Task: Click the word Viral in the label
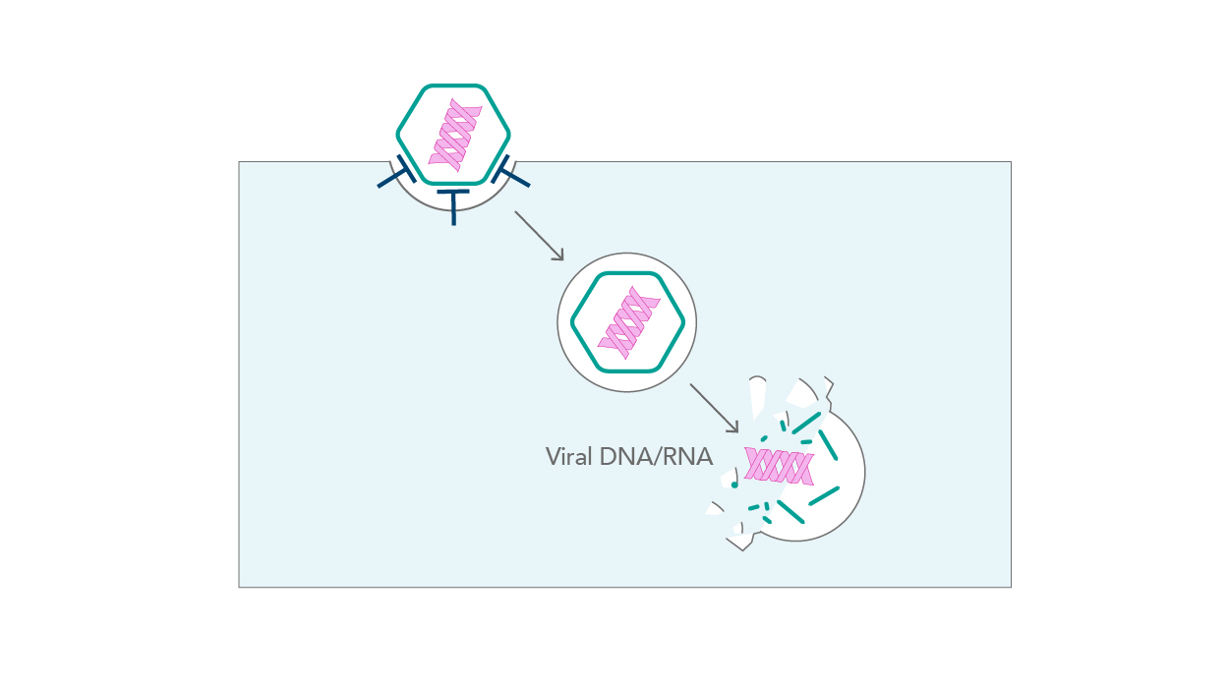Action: (569, 457)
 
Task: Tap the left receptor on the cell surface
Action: (394, 175)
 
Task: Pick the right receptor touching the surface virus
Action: (510, 174)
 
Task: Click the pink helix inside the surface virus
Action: (454, 135)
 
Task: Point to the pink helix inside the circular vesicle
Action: (626, 322)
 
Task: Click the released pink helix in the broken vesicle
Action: (779, 465)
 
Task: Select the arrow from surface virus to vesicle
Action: (539, 235)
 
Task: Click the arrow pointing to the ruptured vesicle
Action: (713, 407)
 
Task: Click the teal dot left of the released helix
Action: (734, 485)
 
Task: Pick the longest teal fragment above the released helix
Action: (806, 423)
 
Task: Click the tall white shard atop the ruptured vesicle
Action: (756, 396)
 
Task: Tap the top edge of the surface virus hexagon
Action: (453, 86)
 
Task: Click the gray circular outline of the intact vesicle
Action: (627, 254)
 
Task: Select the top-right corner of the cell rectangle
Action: (1011, 162)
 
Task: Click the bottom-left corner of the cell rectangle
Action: (239, 587)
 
